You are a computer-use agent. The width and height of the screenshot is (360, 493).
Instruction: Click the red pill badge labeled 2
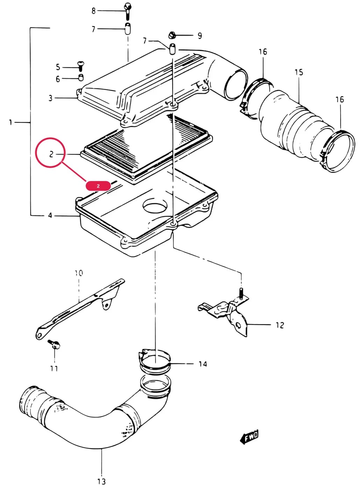pos(98,186)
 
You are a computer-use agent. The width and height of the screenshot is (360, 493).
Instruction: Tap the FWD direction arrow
pos(249,436)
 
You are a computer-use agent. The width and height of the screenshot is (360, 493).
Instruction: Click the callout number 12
pos(280,325)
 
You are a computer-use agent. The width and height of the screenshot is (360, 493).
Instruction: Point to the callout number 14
pos(203,364)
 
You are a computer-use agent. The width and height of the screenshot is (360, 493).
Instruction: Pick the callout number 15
pos(299,72)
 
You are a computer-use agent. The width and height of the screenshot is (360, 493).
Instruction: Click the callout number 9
pos(200,35)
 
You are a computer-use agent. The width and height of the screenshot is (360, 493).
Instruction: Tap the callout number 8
pos(94,10)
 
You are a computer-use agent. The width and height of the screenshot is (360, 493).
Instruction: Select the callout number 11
pos(54,368)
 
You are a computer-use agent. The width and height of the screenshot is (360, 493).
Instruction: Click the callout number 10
pos(79,273)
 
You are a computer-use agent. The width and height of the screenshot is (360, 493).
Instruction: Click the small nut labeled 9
pos(172,35)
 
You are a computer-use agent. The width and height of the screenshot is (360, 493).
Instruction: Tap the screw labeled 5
pos(81,66)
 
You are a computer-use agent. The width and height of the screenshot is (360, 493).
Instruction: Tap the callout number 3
pos(50,98)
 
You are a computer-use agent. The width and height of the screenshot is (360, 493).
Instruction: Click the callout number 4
pos(50,215)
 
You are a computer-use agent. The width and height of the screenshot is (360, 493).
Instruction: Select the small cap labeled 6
pos(81,78)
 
